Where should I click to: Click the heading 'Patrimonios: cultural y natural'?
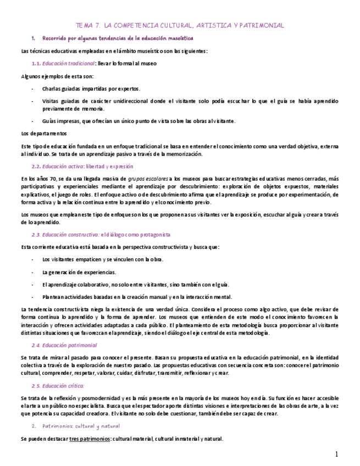click(x=81, y=426)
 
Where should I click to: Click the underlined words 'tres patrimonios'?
click(x=88, y=439)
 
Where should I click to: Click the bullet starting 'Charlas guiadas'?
click(x=91, y=88)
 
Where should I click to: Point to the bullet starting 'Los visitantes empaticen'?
click(x=102, y=259)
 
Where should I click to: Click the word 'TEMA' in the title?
click(x=84, y=25)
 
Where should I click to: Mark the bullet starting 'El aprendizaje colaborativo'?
click(x=135, y=284)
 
